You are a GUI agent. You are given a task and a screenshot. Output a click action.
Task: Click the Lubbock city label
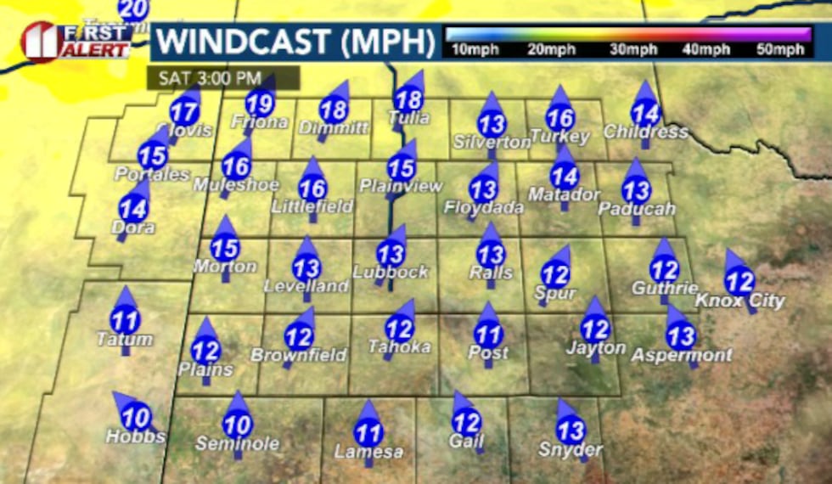coord(391,273)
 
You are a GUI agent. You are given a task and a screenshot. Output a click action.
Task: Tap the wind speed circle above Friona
coord(259,104)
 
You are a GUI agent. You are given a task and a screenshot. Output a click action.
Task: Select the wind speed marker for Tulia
coord(409,100)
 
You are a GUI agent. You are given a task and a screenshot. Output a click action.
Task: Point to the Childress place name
coord(646,132)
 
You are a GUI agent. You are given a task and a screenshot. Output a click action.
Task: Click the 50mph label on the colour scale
coord(780,49)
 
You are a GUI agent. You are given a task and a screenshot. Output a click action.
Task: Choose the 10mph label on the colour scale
coord(471,49)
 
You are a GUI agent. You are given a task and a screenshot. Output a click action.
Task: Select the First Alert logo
coord(76,41)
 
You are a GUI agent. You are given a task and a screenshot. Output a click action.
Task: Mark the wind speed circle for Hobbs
coord(136,417)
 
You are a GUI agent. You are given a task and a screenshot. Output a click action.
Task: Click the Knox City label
coord(740,301)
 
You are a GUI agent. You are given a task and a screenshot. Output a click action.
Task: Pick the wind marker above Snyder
coord(571,431)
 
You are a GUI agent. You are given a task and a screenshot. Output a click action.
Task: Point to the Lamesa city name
coord(368,452)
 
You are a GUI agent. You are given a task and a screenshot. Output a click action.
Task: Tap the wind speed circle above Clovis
coord(184,112)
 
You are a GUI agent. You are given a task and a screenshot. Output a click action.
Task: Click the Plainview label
coord(402,185)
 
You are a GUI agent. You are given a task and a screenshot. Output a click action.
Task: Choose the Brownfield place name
coord(298,355)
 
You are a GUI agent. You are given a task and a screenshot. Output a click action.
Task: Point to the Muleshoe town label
coord(226,184)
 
